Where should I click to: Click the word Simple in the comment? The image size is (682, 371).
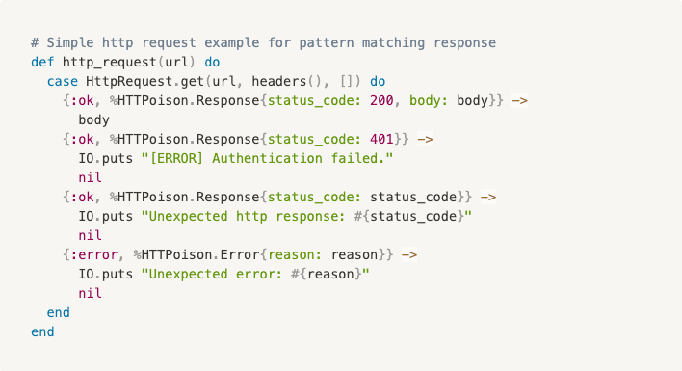coord(69,42)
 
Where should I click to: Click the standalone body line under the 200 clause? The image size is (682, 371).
coord(94,119)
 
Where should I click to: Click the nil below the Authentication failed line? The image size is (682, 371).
coord(90,177)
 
